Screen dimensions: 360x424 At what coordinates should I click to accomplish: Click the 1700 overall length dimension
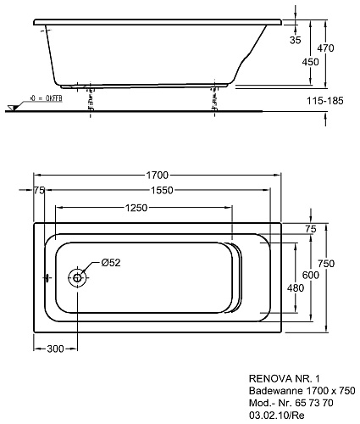(157, 176)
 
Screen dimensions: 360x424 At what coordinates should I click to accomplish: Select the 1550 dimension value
(162, 191)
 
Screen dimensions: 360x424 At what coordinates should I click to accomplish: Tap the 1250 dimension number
(136, 208)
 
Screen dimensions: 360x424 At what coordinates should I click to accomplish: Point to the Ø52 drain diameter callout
(111, 263)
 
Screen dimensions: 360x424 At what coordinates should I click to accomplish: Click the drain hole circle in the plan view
(77, 277)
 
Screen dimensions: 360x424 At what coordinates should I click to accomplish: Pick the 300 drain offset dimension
(55, 349)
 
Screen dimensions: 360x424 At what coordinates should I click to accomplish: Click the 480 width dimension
(296, 288)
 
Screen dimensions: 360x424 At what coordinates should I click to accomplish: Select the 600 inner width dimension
(311, 275)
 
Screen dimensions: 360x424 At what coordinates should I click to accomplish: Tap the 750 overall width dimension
(326, 264)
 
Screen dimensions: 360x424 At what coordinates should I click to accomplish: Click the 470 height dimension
(325, 48)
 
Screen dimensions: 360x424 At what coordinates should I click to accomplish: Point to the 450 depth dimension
(310, 62)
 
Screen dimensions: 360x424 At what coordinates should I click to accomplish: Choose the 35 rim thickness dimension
(296, 40)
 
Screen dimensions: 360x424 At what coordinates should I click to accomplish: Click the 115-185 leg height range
(325, 101)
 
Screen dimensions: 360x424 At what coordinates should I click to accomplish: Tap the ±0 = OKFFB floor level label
(47, 98)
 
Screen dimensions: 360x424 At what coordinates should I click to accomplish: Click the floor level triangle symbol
(12, 108)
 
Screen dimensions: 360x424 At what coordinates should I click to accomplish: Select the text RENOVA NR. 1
(285, 378)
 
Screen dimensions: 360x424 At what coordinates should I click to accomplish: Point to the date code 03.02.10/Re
(277, 415)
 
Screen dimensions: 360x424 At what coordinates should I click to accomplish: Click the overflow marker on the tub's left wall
(47, 278)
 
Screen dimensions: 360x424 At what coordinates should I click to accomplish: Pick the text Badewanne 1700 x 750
(302, 390)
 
